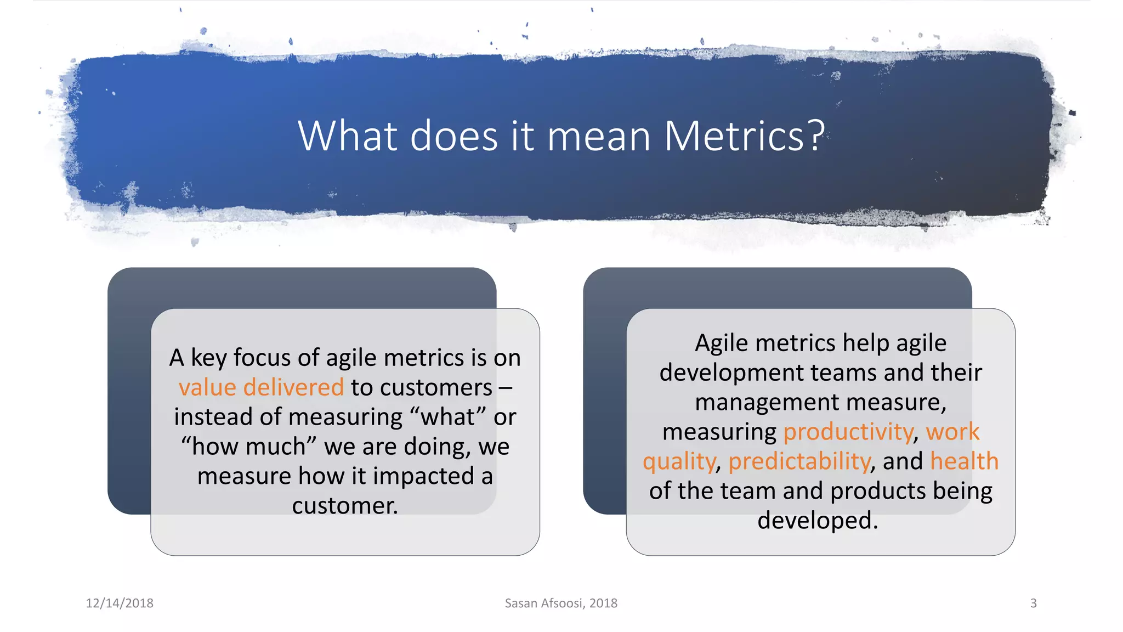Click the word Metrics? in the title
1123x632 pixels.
click(744, 136)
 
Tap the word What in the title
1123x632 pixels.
click(348, 136)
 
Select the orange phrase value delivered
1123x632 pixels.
click(261, 387)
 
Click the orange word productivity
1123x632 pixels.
click(848, 432)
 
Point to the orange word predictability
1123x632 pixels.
click(799, 461)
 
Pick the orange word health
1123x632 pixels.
click(964, 461)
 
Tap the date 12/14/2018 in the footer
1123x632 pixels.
click(120, 603)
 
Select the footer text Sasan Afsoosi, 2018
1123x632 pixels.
click(561, 603)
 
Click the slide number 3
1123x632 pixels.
click(1033, 603)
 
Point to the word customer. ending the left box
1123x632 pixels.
click(345, 506)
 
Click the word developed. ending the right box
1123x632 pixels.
click(818, 521)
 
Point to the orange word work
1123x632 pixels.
click(952, 432)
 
